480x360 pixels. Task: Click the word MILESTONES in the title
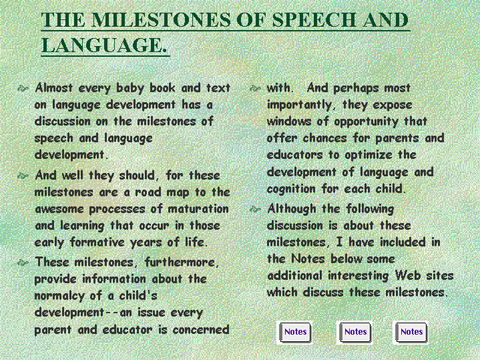[162, 20]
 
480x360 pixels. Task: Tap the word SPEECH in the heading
[314, 20]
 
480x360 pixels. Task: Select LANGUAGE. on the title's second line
[104, 45]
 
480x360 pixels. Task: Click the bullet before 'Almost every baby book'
[23, 89]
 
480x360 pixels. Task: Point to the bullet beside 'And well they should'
[23, 176]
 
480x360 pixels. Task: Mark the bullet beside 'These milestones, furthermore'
[23, 262]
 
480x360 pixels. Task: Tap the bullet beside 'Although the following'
[255, 209]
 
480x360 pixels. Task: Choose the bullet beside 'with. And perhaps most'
[255, 89]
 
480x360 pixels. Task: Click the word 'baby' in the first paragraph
[130, 89]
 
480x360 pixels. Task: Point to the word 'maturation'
[198, 209]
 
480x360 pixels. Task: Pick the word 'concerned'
[201, 330]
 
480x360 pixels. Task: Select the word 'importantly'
[299, 106]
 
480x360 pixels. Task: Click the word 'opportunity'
[366, 122]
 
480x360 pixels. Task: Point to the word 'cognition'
[291, 189]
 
